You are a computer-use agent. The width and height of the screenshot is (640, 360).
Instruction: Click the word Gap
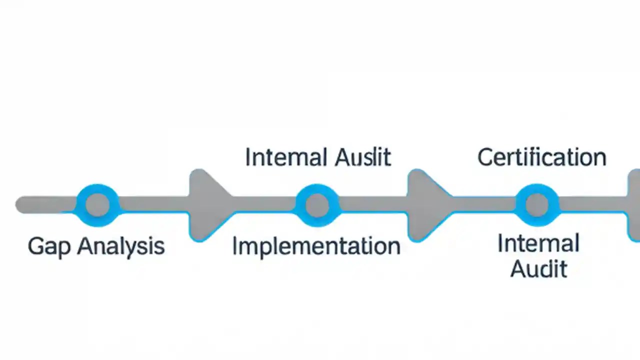49,247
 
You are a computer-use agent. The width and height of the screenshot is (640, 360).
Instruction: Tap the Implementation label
316,246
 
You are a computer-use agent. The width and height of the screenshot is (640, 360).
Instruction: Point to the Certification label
541,157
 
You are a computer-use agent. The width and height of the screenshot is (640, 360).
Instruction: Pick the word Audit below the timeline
538,269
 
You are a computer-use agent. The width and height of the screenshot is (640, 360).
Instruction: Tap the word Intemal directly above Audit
538,244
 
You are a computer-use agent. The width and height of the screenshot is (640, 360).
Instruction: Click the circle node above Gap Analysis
97,205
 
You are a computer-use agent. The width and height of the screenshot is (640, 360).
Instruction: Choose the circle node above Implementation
317,205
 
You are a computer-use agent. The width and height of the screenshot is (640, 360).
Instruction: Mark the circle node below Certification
537,205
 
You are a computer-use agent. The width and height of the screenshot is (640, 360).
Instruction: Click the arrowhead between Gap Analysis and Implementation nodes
207,205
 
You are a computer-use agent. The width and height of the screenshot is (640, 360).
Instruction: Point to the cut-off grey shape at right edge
634,205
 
